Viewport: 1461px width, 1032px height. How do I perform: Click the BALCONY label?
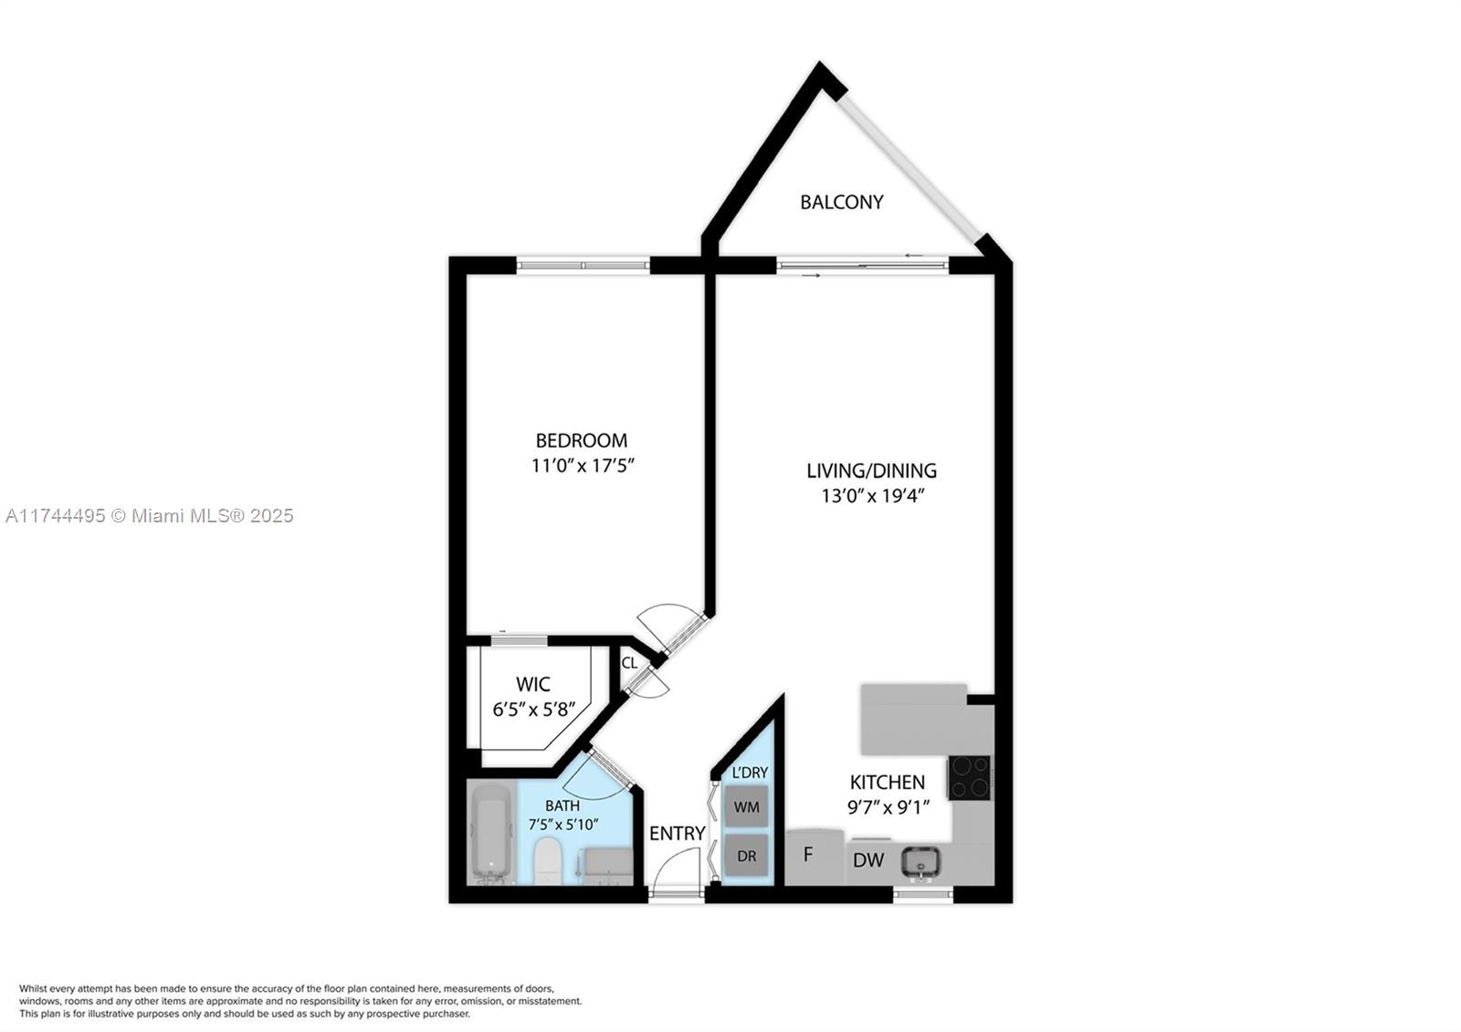click(x=841, y=202)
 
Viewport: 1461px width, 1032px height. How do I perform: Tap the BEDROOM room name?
click(x=581, y=440)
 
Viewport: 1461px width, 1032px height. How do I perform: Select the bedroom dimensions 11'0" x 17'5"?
click(x=583, y=466)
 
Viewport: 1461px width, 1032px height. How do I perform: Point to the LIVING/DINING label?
click(x=871, y=470)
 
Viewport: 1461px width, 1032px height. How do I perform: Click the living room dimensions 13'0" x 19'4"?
click(x=873, y=496)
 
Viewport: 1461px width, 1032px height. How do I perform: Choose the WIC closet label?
click(x=533, y=684)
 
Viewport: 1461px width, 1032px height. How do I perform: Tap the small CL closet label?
click(x=629, y=663)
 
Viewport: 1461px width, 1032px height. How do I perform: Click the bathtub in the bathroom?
click(x=492, y=835)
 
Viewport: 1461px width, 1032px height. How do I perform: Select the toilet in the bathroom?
click(x=547, y=862)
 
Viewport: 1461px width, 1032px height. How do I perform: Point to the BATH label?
click(x=562, y=806)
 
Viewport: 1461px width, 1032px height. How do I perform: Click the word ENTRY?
click(x=677, y=833)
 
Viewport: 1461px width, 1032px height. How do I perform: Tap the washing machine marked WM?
click(x=746, y=807)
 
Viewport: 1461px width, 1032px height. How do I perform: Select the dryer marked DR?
click(x=746, y=855)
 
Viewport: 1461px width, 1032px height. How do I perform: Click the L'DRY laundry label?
click(x=750, y=773)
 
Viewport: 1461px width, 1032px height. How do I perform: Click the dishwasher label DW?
click(x=868, y=860)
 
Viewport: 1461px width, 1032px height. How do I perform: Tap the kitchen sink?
click(x=920, y=862)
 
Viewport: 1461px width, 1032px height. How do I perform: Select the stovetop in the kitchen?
click(x=969, y=777)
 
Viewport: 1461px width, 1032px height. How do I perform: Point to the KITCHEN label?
click(x=887, y=782)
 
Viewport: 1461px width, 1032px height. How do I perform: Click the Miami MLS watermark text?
click(x=150, y=516)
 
